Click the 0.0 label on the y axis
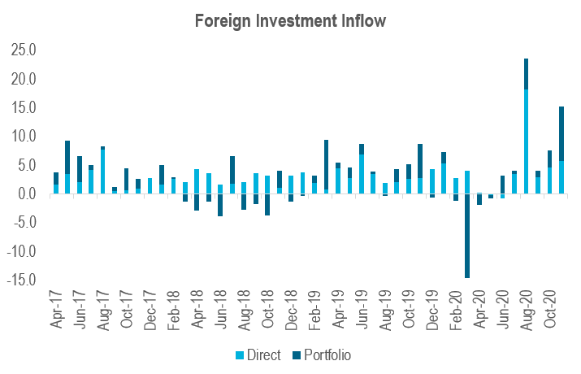(25, 194)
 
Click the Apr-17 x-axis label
(56, 308)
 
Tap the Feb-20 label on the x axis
(455, 308)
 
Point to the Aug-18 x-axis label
(244, 308)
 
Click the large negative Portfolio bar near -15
(466, 236)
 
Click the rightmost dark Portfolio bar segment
(561, 134)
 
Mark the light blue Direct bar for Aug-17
(102, 172)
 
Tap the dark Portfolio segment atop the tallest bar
(526, 74)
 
